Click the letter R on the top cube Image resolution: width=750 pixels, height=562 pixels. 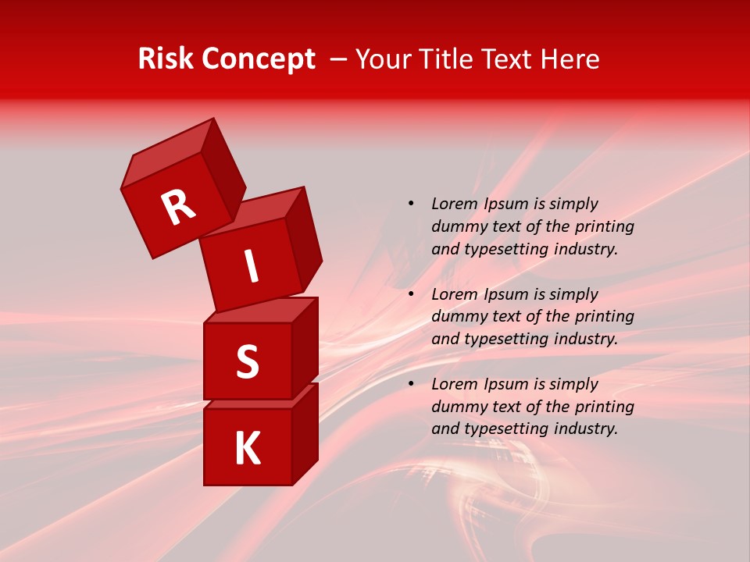point(178,208)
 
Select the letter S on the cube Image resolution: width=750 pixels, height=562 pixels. point(248,361)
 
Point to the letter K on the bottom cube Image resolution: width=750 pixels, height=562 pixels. point(248,448)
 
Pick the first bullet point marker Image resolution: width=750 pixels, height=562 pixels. point(411,204)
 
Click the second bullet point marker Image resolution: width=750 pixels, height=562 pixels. point(411,294)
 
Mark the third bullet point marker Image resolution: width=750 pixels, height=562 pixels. point(411,384)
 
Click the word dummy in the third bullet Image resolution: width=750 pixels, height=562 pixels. point(457,407)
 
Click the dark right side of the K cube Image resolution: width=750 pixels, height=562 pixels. point(305,433)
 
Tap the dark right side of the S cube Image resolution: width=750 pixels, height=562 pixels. point(305,347)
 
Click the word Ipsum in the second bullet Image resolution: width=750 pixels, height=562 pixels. point(505,294)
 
